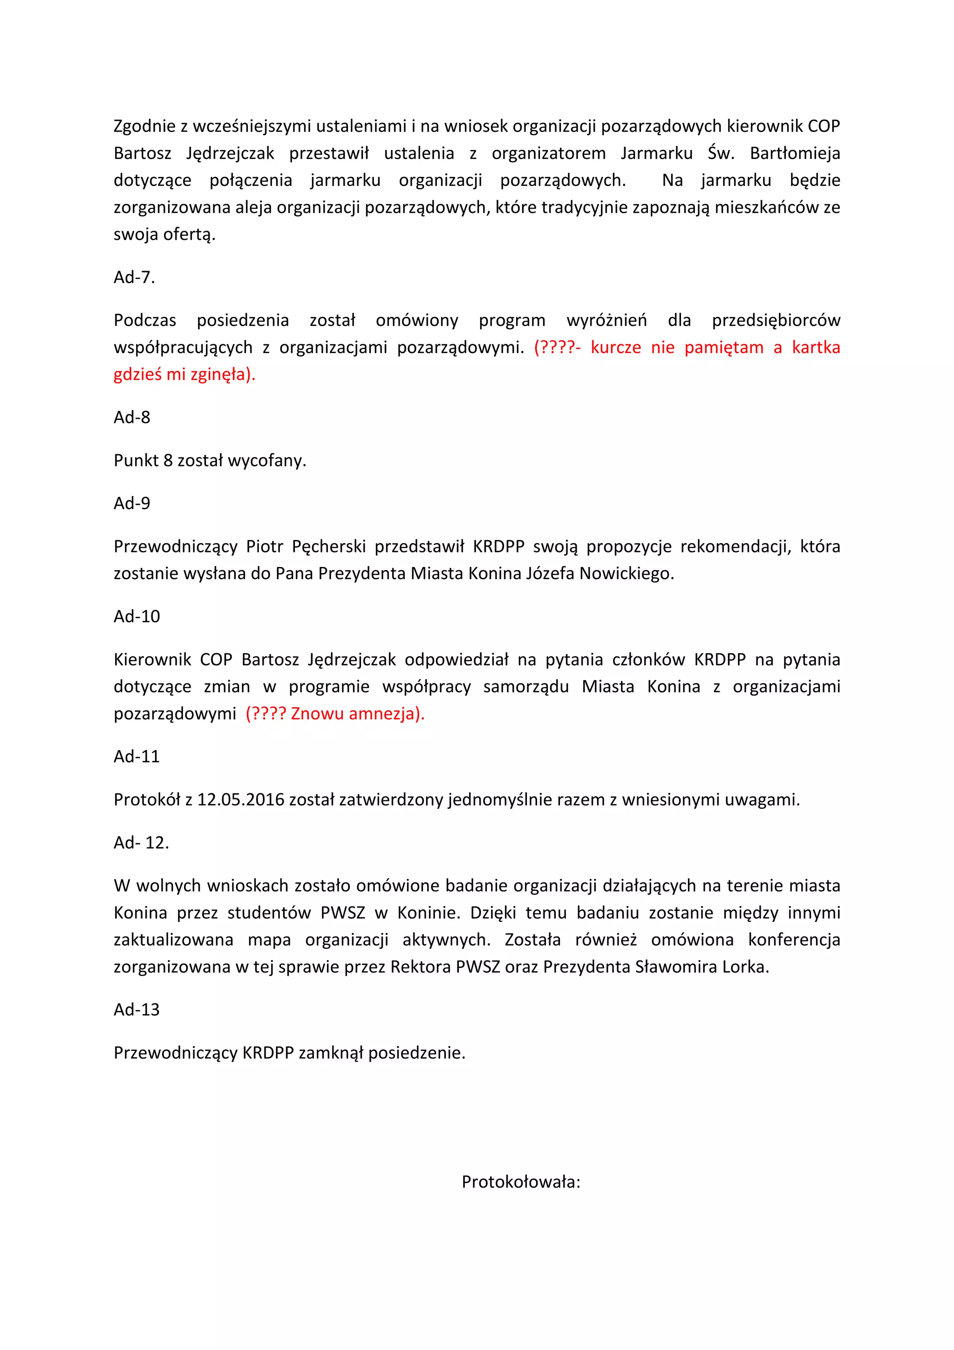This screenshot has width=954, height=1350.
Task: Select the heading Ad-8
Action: (x=132, y=417)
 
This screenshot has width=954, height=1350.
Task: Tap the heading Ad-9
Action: (x=132, y=503)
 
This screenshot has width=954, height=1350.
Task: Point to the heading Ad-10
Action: (x=136, y=616)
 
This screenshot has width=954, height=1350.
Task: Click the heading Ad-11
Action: (x=136, y=756)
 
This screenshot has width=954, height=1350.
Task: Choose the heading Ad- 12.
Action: (x=141, y=843)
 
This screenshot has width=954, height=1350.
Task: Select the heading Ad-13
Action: (x=136, y=1009)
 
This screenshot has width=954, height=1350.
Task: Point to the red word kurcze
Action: (x=615, y=348)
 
